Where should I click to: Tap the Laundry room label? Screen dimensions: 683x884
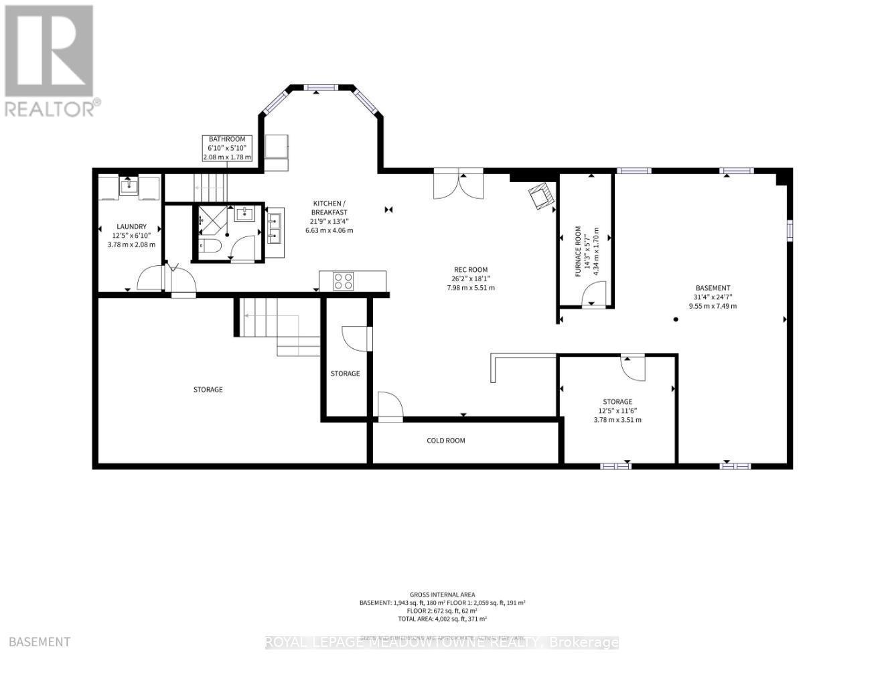point(131,236)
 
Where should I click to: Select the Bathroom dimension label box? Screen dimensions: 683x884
point(227,148)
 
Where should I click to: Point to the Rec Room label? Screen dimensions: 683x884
point(470,279)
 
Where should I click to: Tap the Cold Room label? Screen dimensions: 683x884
point(446,441)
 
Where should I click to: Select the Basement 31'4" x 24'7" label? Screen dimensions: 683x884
point(713,297)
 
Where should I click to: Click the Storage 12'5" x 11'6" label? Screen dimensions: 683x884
point(617,410)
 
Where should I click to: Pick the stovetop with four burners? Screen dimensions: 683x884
point(344,281)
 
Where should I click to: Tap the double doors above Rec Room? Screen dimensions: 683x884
point(459,185)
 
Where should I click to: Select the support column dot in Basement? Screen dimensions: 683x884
point(676,320)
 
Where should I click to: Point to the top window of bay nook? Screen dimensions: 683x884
point(321,86)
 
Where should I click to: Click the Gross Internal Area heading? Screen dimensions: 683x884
point(443,595)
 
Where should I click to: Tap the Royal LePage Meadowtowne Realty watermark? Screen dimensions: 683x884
point(442,643)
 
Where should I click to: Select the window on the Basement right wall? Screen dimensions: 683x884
point(790,230)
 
